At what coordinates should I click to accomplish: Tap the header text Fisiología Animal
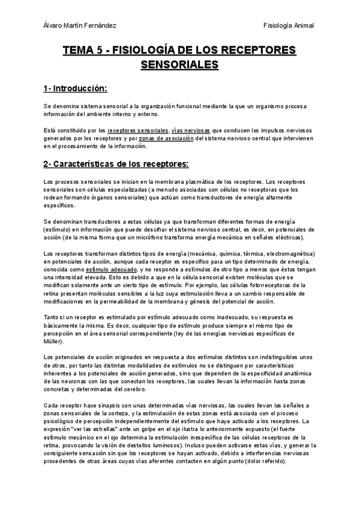289,25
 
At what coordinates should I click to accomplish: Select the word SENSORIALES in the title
179,64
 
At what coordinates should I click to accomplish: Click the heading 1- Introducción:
75,89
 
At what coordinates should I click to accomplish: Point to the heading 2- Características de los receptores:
116,164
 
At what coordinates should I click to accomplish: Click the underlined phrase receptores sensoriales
138,130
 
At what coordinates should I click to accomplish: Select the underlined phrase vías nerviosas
190,130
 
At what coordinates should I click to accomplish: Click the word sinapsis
106,405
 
